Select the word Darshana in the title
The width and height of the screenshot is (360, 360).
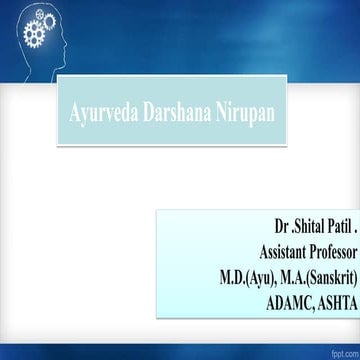click(185, 104)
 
